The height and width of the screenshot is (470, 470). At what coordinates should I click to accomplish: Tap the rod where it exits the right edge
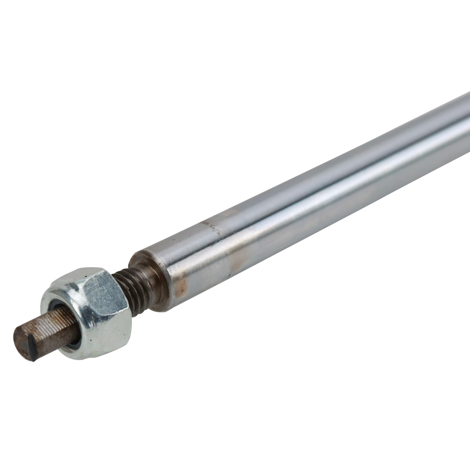[466, 117]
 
